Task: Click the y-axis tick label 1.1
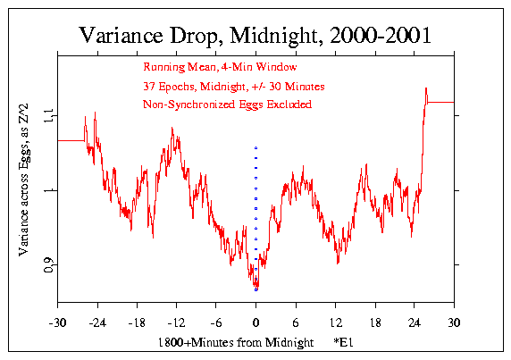(47, 114)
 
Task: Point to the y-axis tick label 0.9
(47, 265)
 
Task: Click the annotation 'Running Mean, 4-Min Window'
(219, 67)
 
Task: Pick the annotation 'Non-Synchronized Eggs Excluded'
(227, 105)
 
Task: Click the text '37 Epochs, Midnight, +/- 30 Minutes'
(233, 86)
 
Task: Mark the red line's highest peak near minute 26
(426, 88)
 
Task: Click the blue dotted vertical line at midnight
(255, 205)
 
